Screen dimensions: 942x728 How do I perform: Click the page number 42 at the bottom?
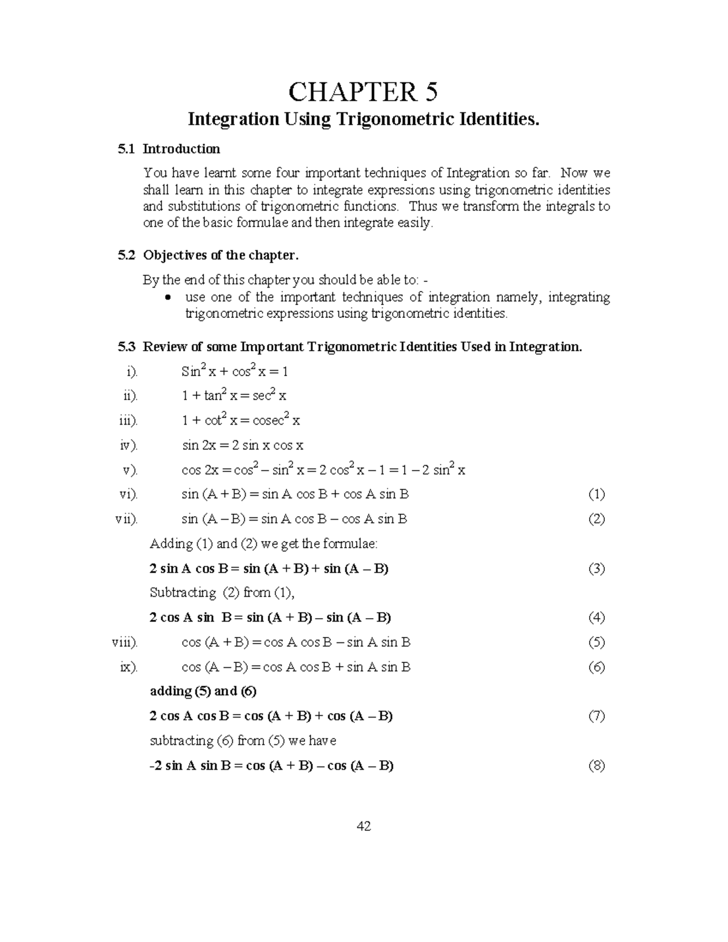point(364,826)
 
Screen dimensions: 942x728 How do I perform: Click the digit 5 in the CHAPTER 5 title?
point(430,92)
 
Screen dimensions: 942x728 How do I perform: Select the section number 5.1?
point(126,149)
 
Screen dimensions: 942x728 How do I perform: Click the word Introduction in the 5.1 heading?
point(181,149)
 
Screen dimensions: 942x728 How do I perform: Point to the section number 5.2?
point(126,255)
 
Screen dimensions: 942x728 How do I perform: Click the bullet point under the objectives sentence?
point(170,298)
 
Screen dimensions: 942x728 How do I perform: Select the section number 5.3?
point(126,347)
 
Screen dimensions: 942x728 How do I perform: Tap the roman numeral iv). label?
point(129,445)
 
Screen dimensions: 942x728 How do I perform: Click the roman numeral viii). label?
point(124,642)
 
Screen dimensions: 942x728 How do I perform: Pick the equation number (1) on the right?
point(596,494)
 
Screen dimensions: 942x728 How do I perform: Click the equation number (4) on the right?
point(596,617)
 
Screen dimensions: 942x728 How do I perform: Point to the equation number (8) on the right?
point(596,765)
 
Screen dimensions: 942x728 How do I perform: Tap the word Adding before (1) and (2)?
point(170,543)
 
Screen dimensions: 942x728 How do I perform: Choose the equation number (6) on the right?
point(596,667)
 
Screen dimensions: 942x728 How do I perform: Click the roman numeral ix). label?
point(129,667)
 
